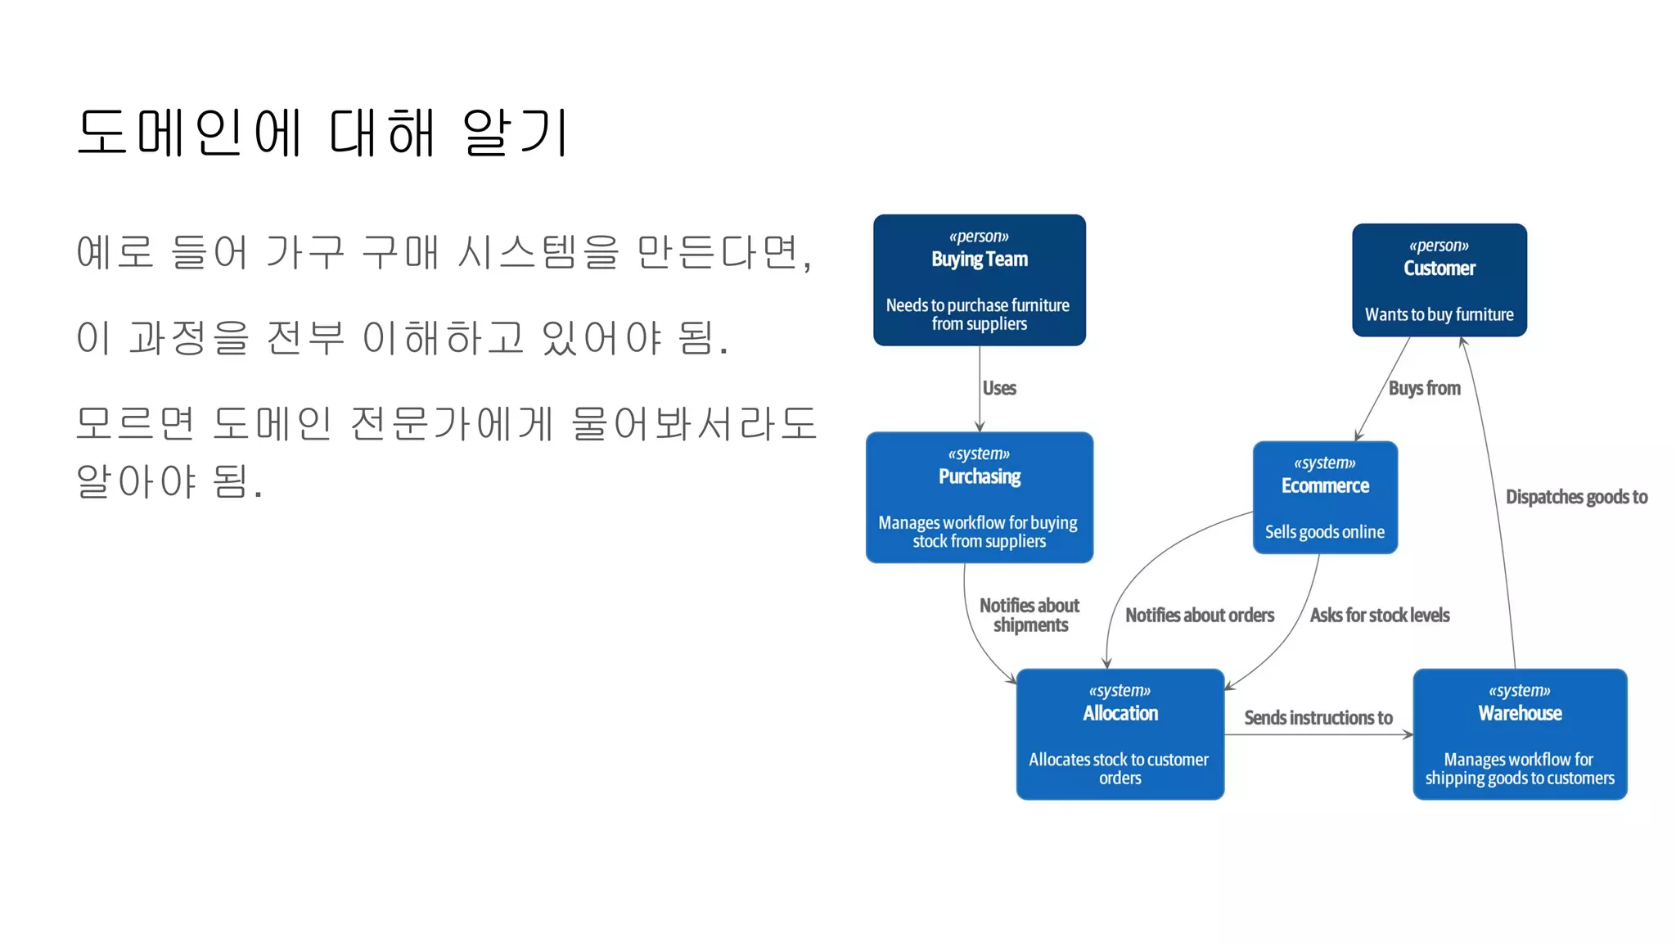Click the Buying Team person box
click(x=979, y=280)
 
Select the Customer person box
click(x=1439, y=280)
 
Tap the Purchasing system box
click(x=979, y=497)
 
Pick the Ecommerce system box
click(x=1324, y=497)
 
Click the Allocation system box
click(x=1120, y=733)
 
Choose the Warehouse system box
click(x=1519, y=733)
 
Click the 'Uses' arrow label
click(x=999, y=388)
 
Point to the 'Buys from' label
click(x=1424, y=388)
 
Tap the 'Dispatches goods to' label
click(x=1576, y=497)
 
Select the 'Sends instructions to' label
click(x=1318, y=718)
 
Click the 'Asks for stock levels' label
click(x=1379, y=615)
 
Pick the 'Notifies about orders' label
click(x=1199, y=615)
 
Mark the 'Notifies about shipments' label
click(x=1029, y=615)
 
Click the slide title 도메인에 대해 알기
click(x=323, y=133)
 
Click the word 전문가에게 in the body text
click(x=452, y=423)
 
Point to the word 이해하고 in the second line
click(x=443, y=337)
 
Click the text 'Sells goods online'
click(x=1324, y=532)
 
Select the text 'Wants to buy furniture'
click(x=1439, y=314)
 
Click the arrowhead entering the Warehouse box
click(x=1408, y=734)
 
